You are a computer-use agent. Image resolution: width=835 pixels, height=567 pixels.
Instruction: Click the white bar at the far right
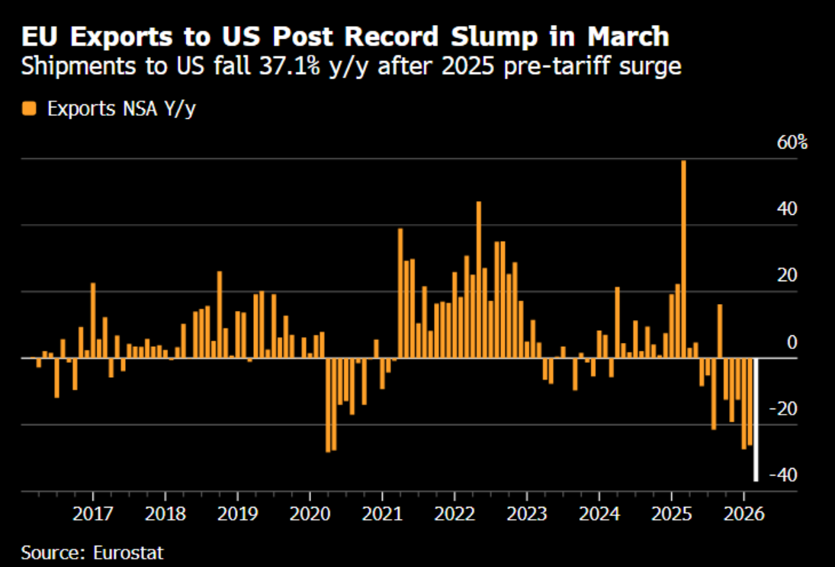(x=756, y=419)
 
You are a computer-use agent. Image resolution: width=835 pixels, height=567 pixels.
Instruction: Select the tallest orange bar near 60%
(x=684, y=259)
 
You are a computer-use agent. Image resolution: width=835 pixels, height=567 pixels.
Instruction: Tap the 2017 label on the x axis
(x=93, y=514)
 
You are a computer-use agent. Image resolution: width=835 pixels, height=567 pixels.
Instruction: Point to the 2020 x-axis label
(x=310, y=514)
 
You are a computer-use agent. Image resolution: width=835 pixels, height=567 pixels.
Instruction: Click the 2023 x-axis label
(x=527, y=514)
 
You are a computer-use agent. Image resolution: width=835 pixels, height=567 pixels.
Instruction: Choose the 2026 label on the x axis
(x=744, y=514)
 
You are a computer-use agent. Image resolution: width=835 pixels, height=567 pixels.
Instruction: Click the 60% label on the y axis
(x=792, y=143)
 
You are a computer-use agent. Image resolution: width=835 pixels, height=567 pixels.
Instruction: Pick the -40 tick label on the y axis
(x=783, y=475)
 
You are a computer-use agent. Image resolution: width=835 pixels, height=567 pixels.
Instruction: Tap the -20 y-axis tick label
(x=783, y=409)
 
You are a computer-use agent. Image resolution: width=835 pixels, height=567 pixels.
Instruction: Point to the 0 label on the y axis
(x=792, y=342)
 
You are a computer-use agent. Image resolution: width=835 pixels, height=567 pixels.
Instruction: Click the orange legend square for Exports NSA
(x=29, y=109)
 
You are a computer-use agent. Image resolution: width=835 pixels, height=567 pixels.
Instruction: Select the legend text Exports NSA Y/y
(x=121, y=109)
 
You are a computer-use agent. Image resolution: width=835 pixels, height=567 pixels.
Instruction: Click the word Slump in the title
(x=494, y=37)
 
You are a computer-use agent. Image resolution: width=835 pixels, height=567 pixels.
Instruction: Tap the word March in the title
(x=628, y=37)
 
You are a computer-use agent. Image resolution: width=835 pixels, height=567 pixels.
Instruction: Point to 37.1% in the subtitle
(x=290, y=66)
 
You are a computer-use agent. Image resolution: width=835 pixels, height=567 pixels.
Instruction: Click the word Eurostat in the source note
(x=128, y=553)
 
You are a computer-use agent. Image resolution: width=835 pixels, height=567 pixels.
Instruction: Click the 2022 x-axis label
(x=454, y=514)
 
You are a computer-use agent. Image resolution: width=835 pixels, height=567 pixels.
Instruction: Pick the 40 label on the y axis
(x=787, y=209)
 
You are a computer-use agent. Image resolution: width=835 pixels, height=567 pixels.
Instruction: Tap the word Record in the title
(x=391, y=37)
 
